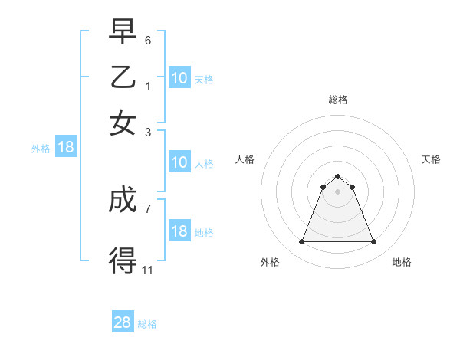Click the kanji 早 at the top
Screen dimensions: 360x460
point(123,34)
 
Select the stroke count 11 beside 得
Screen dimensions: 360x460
point(147,269)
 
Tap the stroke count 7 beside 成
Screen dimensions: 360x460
point(148,208)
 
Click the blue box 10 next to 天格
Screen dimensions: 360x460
point(179,78)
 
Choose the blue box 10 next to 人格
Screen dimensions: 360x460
point(179,162)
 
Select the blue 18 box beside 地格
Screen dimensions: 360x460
point(179,231)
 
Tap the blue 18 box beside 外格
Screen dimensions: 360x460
point(66,147)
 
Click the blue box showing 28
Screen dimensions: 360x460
point(123,322)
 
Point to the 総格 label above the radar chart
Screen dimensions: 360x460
point(337,100)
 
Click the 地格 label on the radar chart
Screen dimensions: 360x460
point(402,262)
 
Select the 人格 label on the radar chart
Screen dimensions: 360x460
point(245,159)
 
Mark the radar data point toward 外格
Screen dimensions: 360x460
point(301,242)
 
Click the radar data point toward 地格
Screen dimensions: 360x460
point(374,242)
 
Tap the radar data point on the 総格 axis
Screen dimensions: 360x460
point(337,177)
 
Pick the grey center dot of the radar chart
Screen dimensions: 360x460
point(337,191)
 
